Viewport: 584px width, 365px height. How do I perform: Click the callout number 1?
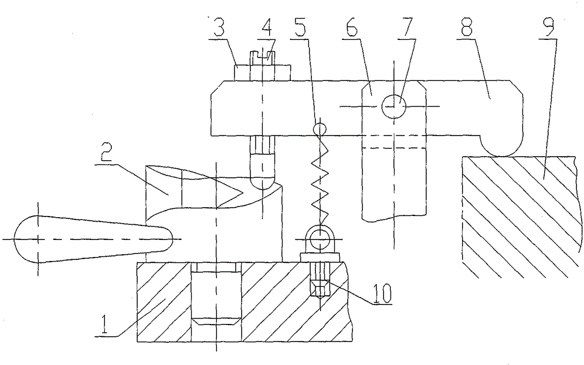click(104, 324)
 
